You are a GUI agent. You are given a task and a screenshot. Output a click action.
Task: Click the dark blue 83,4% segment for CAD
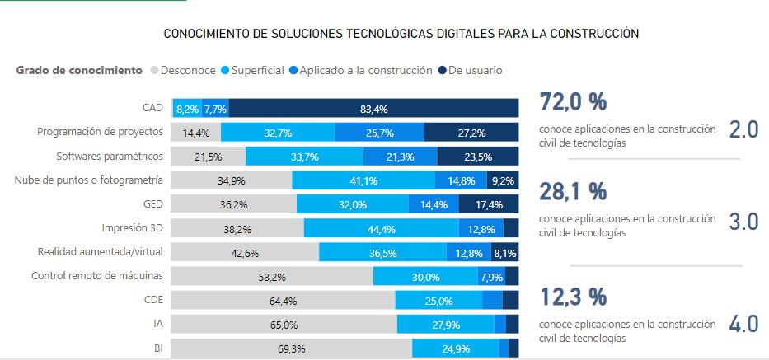pyautogui.click(x=373, y=108)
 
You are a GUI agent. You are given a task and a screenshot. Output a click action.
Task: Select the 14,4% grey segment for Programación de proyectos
pyautogui.click(x=196, y=133)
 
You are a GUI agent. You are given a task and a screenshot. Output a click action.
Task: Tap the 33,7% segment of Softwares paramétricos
pyautogui.click(x=305, y=157)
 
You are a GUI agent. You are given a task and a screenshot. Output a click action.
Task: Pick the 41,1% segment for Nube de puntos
pyautogui.click(x=363, y=180)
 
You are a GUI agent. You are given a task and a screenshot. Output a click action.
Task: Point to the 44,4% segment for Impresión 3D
pyautogui.click(x=381, y=229)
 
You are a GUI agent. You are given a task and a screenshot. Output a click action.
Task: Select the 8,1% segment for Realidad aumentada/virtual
pyautogui.click(x=504, y=253)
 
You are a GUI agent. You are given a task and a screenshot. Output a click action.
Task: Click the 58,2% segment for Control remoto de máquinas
pyautogui.click(x=272, y=277)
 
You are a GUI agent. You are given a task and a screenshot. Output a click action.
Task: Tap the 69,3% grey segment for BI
pyautogui.click(x=291, y=348)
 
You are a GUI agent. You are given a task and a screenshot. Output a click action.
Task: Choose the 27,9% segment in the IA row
pyautogui.click(x=445, y=325)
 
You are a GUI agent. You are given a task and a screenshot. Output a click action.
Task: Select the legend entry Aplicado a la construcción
pyautogui.click(x=365, y=71)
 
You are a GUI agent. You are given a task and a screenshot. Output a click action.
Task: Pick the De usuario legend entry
pyautogui.click(x=475, y=71)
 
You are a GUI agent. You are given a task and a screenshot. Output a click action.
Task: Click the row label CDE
pyautogui.click(x=153, y=300)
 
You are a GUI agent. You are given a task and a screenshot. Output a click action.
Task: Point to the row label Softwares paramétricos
pyautogui.click(x=110, y=156)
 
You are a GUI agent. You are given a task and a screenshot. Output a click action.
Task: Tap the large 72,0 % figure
pyautogui.click(x=573, y=102)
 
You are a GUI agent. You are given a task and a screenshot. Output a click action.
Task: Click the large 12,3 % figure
pyautogui.click(x=573, y=296)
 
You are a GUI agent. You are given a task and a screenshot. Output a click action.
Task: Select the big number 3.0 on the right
pyautogui.click(x=743, y=223)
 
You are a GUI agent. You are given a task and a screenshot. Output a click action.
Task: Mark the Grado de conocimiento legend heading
pyautogui.click(x=79, y=71)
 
